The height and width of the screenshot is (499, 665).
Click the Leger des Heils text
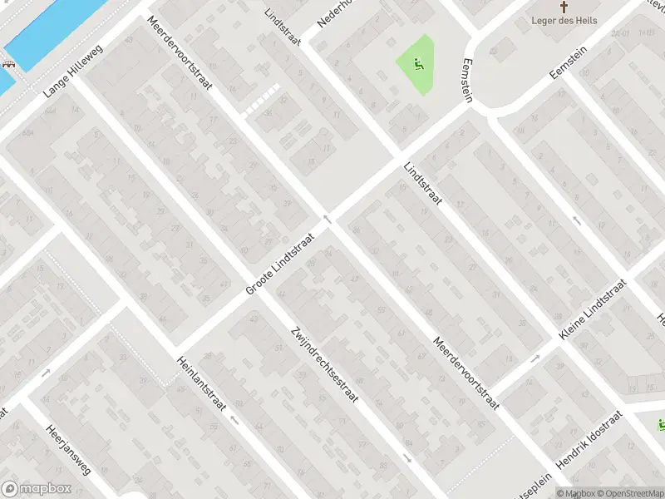[x=563, y=21]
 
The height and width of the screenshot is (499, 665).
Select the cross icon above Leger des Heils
[x=563, y=7]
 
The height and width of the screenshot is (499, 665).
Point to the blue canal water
[x=50, y=33]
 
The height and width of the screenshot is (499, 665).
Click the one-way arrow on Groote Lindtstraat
[x=328, y=220]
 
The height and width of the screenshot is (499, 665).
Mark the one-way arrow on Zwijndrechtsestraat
[x=406, y=457]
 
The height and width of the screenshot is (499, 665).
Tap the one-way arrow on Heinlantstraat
[x=234, y=420]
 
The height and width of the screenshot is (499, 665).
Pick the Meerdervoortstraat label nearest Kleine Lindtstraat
[x=465, y=372]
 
